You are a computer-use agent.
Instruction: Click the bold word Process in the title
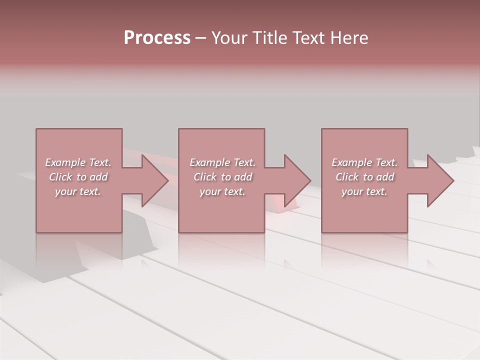tap(157, 37)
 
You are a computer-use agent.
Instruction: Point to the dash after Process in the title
tap(201, 38)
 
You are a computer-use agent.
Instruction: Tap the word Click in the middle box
tap(205, 177)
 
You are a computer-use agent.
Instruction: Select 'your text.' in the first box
tap(78, 191)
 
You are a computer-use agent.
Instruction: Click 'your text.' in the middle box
tap(222, 191)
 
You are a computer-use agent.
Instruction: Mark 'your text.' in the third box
tap(364, 191)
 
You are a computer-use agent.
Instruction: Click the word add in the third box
tap(385, 177)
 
